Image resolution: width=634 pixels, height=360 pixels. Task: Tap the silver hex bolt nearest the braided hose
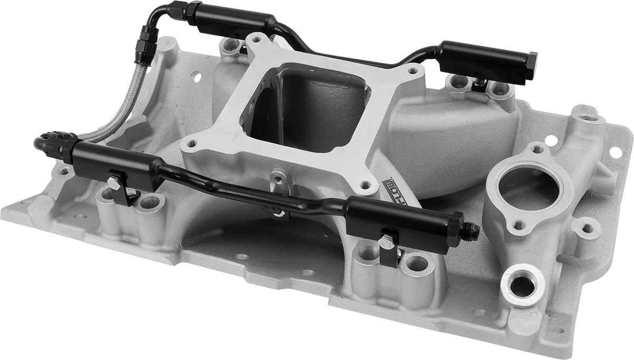pyautogui.click(x=114, y=183)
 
